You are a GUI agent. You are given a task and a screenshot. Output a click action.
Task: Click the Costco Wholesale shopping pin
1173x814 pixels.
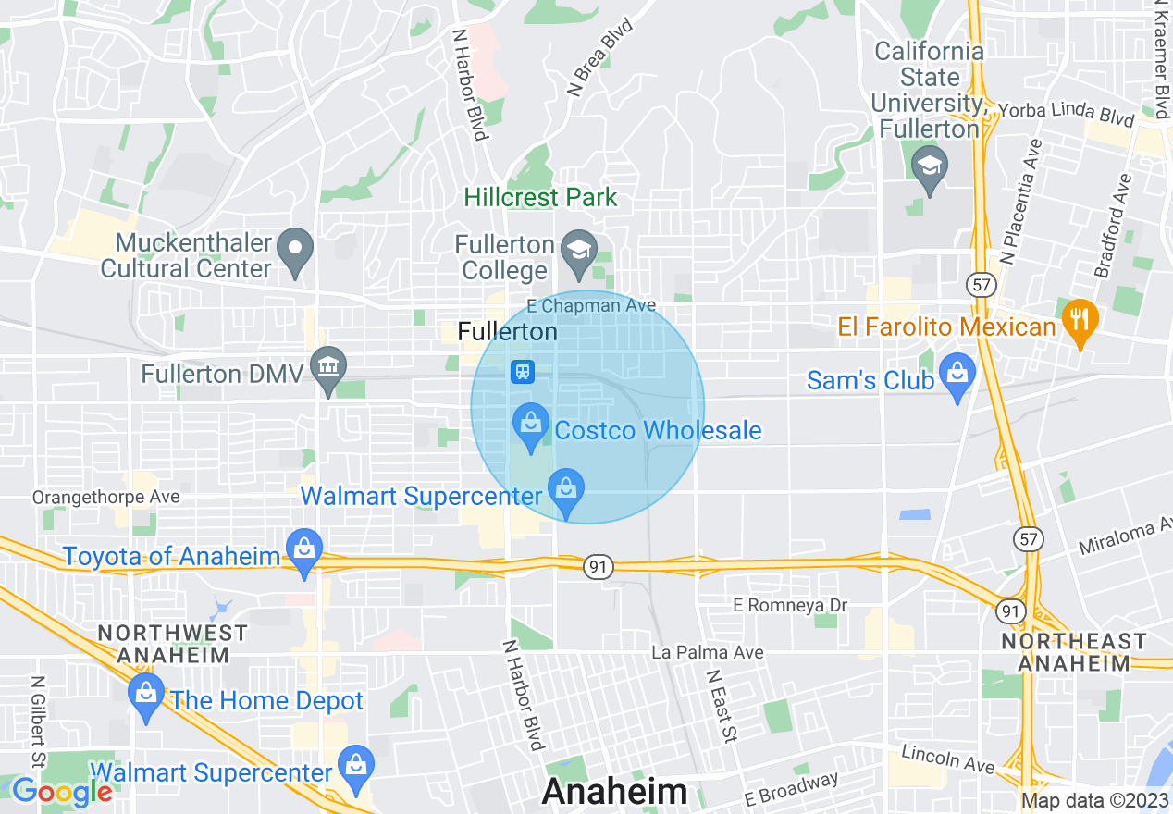(x=531, y=427)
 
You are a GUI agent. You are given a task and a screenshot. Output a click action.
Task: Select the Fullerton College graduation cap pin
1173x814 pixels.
(x=579, y=253)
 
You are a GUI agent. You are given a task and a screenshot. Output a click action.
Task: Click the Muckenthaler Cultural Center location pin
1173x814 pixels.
(x=295, y=252)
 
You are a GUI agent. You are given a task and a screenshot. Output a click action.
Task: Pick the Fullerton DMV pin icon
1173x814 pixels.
(x=327, y=370)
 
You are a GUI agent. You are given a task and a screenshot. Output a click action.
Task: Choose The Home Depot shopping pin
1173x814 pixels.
(x=146, y=697)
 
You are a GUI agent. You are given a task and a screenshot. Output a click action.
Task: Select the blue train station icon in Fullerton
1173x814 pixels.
(x=523, y=372)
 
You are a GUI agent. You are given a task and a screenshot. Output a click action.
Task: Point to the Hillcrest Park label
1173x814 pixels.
(x=540, y=197)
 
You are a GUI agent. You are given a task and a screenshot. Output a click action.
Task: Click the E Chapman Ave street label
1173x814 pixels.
(x=590, y=305)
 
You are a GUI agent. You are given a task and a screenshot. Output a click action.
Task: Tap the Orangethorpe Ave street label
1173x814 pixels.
(x=106, y=498)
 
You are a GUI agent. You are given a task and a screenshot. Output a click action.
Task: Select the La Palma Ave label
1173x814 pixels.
(x=708, y=653)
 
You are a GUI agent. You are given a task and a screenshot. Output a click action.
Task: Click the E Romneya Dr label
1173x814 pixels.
(x=790, y=605)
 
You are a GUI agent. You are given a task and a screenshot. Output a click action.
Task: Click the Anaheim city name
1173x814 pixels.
(x=615, y=792)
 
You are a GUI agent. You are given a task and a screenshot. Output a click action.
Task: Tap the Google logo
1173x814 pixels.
(x=61, y=792)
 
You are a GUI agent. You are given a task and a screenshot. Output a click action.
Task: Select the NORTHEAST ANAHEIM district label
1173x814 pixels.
(x=1073, y=652)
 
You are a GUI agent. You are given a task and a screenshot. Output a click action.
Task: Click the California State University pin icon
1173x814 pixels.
(x=929, y=169)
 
